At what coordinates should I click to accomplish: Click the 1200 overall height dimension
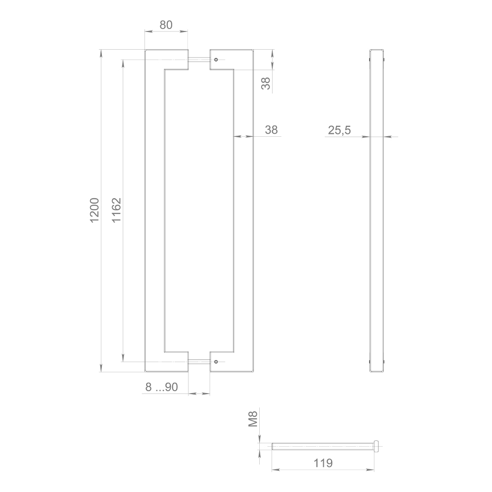pyautogui.click(x=94, y=210)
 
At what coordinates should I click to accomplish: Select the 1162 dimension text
pyautogui.click(x=117, y=210)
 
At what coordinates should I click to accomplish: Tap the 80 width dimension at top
pyautogui.click(x=166, y=25)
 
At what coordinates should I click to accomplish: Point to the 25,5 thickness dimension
pyautogui.click(x=339, y=130)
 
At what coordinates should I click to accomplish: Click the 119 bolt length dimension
pyautogui.click(x=323, y=463)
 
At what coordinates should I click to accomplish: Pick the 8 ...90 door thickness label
pyautogui.click(x=161, y=387)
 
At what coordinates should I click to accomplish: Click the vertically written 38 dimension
pyautogui.click(x=266, y=83)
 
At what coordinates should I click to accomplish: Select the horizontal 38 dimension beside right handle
pyautogui.click(x=272, y=130)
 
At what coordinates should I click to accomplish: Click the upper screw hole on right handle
pyautogui.click(x=215, y=60)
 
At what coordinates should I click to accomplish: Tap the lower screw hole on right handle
pyautogui.click(x=215, y=362)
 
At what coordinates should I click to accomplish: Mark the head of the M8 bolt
pyautogui.click(x=377, y=446)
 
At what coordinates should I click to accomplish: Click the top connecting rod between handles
pyautogui.click(x=199, y=60)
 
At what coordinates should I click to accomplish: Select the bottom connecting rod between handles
pyautogui.click(x=199, y=362)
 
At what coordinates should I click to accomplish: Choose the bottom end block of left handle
pyautogui.click(x=166, y=362)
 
